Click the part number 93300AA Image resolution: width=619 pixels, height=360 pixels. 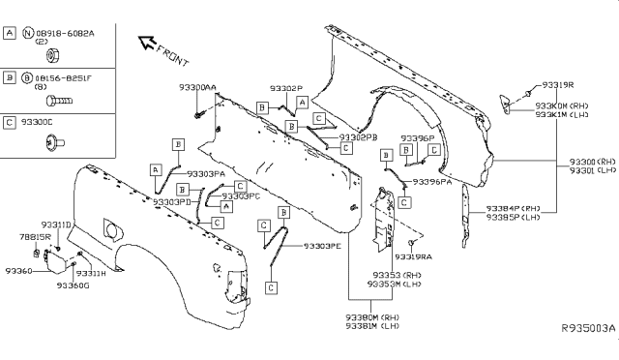[197, 87]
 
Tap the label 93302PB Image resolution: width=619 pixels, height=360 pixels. [359, 137]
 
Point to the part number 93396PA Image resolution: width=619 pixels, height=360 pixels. [432, 181]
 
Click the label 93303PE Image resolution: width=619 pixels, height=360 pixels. [322, 246]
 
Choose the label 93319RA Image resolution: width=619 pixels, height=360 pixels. [413, 256]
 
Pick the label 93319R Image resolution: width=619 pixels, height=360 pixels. [558, 84]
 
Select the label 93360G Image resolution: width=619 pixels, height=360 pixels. [73, 286]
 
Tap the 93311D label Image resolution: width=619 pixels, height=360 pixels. [56, 225]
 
